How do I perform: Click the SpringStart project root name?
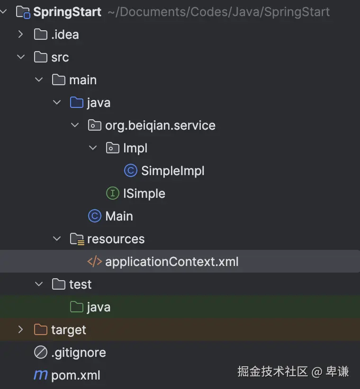[x=67, y=12]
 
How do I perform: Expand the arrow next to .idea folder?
[x=20, y=35]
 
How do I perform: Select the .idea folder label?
[x=65, y=35]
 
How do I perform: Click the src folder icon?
[x=41, y=57]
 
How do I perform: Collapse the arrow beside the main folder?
[x=38, y=80]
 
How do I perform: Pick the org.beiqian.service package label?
[x=160, y=125]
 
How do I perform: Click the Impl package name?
[x=135, y=148]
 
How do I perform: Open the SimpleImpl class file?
[x=172, y=171]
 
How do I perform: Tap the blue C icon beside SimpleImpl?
[x=131, y=171]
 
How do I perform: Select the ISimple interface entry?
[x=144, y=194]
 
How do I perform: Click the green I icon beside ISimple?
[x=113, y=194]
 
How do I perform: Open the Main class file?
[x=119, y=216]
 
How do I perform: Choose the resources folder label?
[x=116, y=239]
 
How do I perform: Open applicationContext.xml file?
[x=171, y=262]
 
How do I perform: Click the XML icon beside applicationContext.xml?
[x=95, y=262]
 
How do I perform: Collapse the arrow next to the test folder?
[x=38, y=284]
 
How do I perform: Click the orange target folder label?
[x=69, y=330]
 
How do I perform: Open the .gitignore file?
[x=78, y=353]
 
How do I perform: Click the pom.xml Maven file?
[x=75, y=375]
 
